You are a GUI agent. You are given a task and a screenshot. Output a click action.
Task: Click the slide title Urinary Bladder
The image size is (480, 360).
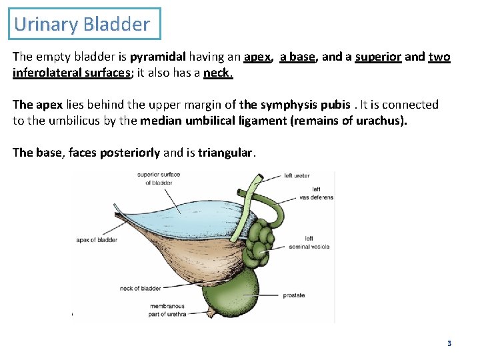coord(82,25)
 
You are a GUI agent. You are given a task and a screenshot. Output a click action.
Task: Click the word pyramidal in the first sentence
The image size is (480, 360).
coord(157,57)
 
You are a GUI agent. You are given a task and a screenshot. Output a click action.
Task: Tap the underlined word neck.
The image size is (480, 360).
coord(218,73)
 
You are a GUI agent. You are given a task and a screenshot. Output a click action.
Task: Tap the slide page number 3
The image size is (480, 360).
coord(449,343)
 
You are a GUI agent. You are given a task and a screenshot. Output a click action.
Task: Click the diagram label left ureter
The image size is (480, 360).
coord(297,175)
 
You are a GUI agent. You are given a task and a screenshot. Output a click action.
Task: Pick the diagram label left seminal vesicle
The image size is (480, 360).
coord(309,243)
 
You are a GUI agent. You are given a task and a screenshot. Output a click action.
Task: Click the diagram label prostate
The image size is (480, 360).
coord(293,295)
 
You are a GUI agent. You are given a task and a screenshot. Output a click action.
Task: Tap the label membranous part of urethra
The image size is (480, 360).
coord(168,310)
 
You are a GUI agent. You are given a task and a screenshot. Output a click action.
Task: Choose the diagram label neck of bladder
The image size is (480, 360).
coord(140,289)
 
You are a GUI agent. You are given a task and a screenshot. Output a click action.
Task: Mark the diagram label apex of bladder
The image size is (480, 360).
coord(97,240)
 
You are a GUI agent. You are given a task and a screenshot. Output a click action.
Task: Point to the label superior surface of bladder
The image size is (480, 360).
coord(158,179)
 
